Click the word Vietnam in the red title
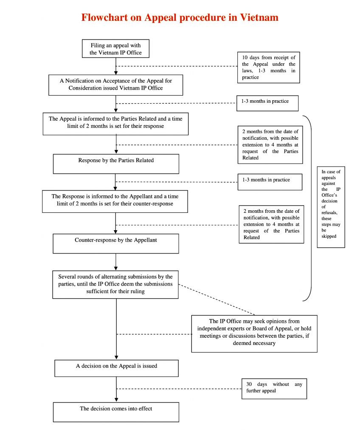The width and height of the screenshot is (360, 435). coord(259,18)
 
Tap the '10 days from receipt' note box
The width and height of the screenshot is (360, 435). coord(268,68)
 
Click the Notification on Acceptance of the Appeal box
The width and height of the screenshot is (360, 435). coord(116,84)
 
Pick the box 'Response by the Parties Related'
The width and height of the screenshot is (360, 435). coord(116,164)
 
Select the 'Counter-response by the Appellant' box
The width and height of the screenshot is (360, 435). coord(116,243)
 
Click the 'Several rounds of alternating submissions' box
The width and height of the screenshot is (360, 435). coord(116,284)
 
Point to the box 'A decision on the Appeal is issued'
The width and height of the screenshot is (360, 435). coord(116,368)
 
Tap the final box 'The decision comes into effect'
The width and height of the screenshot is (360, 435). coord(116,412)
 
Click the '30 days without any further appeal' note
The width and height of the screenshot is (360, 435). coord(274,388)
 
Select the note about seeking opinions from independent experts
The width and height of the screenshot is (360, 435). coord(254,333)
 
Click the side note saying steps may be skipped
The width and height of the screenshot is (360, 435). coord(331,207)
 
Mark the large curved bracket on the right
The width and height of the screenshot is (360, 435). coord(311,208)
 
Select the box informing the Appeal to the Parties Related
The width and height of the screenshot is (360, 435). coord(116,123)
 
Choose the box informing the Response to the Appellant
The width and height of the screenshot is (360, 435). coord(116,201)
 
